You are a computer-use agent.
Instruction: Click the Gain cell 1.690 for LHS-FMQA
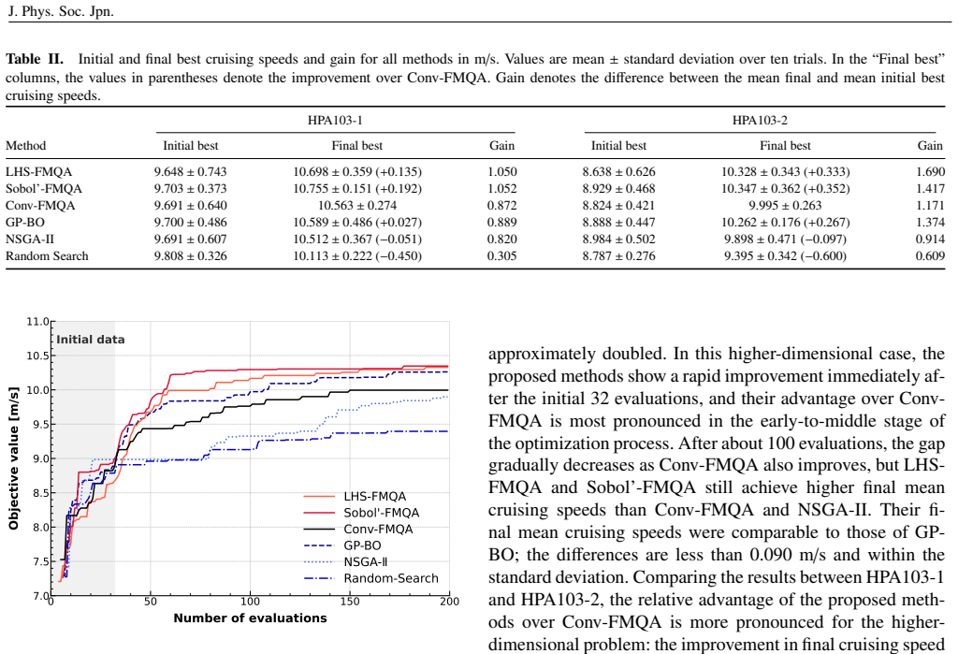[930, 172]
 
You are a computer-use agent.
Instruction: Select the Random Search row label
[47, 256]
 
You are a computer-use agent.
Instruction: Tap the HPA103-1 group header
[335, 121]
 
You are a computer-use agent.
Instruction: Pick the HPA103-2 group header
[760, 121]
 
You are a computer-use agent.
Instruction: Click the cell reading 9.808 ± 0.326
[190, 256]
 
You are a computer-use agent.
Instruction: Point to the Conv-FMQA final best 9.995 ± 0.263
[785, 205]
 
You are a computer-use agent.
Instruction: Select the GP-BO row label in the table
[25, 223]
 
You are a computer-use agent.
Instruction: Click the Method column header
[25, 146]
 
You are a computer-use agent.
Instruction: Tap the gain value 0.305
[502, 256]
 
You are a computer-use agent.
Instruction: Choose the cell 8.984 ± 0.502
[619, 239]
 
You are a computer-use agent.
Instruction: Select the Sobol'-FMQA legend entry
[362, 513]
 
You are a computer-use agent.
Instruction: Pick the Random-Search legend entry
[370, 578]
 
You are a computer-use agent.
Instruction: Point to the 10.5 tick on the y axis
[37, 356]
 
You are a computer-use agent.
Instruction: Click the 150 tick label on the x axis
[350, 602]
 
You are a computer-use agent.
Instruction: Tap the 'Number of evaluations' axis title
[250, 618]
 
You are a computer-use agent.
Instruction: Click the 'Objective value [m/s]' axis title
[13, 458]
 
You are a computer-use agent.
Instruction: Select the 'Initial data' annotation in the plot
[91, 340]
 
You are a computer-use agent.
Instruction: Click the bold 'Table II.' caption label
[35, 59]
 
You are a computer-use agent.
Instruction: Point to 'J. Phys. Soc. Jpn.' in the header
[61, 11]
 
